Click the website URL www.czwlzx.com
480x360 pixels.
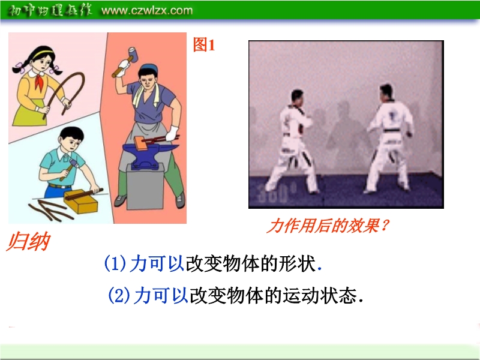pyautogui.click(x=147, y=10)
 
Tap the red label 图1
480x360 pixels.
pyautogui.click(x=204, y=44)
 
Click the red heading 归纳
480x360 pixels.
pyautogui.click(x=28, y=242)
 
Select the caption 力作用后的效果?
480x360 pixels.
pyautogui.click(x=328, y=226)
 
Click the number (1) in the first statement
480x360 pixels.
pyautogui.click(x=115, y=263)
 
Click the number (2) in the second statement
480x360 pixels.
pyautogui.click(x=119, y=295)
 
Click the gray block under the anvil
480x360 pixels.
pyautogui.click(x=145, y=186)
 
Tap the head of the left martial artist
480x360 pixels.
pyautogui.click(x=296, y=97)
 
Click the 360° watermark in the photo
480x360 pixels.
pyautogui.click(x=272, y=193)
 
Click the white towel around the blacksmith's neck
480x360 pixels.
pyautogui.click(x=146, y=94)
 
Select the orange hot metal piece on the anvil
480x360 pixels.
pyautogui.click(x=140, y=143)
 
